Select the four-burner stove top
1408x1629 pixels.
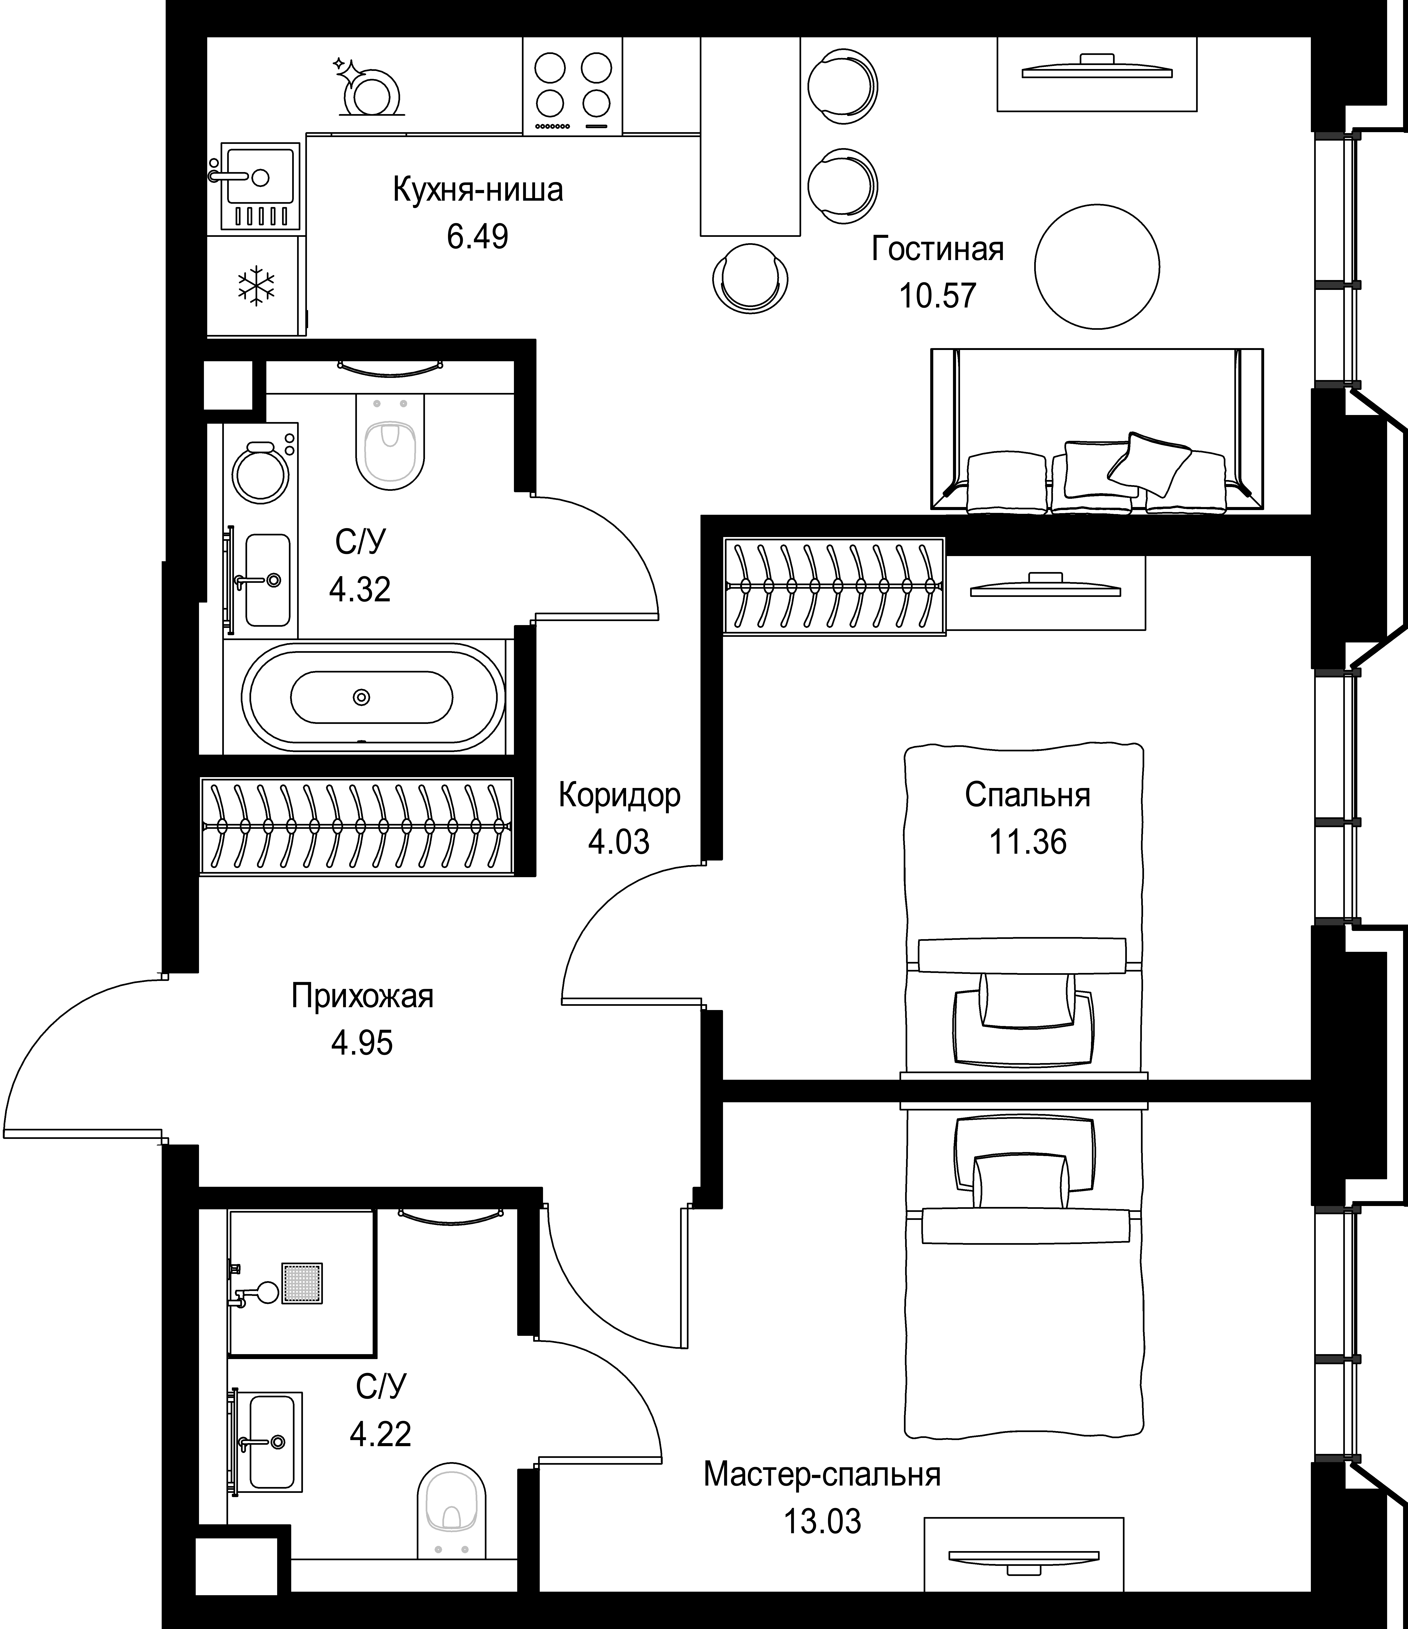(x=572, y=86)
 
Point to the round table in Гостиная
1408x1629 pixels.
(x=1097, y=266)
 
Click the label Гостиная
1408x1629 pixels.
(x=938, y=249)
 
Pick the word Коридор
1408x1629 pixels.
(x=620, y=796)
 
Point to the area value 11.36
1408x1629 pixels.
(x=1028, y=842)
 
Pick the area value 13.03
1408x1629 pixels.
(x=822, y=1521)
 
